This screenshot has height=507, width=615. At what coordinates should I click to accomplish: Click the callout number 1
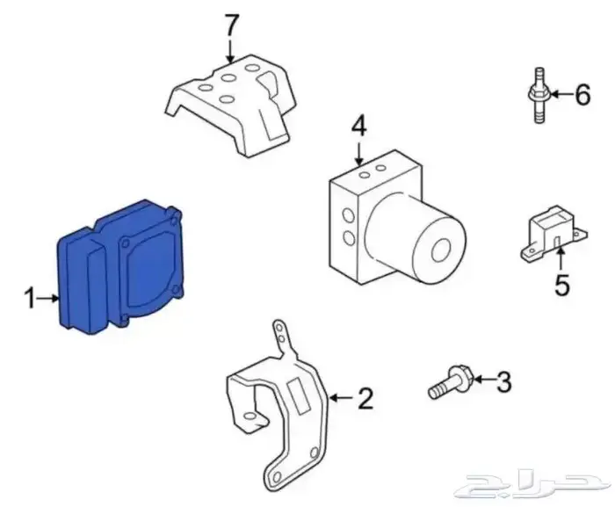[x=30, y=300]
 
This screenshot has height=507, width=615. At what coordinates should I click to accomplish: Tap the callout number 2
[x=365, y=399]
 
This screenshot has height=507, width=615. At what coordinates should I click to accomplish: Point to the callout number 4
[x=358, y=127]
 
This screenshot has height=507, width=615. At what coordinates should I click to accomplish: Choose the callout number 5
[x=561, y=285]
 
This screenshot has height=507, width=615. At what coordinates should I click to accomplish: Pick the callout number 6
[x=582, y=95]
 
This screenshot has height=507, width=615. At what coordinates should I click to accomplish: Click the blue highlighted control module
[x=119, y=268]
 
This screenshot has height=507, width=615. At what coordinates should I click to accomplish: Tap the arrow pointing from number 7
[x=231, y=47]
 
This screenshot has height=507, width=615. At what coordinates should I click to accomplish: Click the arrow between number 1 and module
[x=49, y=300]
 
